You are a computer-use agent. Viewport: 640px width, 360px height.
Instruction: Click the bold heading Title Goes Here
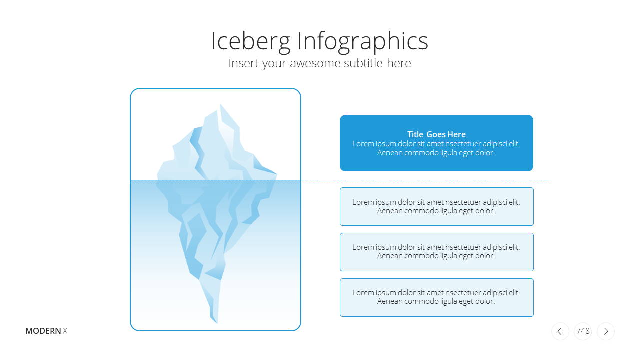(436, 134)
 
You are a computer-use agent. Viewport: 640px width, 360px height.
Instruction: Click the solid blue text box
(436, 143)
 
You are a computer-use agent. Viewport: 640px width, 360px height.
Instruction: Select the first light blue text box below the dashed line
(437, 206)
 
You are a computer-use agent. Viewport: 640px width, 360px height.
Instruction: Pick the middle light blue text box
(437, 252)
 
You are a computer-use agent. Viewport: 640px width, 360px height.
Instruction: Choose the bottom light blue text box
(437, 297)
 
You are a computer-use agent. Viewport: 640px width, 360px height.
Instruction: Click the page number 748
(583, 331)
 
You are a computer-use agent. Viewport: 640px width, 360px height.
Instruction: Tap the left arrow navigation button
(560, 331)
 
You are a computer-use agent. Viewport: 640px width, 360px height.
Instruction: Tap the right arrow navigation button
(606, 331)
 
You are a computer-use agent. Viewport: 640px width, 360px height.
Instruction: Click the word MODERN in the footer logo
(43, 331)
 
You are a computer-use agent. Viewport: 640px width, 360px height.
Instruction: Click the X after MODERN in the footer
(65, 331)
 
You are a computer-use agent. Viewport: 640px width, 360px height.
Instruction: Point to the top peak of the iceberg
(220, 104)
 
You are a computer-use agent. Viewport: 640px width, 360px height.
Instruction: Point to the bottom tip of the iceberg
(217, 323)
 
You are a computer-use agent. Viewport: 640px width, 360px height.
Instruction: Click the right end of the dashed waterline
(549, 180)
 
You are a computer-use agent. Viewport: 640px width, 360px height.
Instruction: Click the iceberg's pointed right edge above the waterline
(276, 173)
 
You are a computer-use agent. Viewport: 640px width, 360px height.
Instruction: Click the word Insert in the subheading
(243, 63)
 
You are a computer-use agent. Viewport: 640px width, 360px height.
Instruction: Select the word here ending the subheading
(399, 63)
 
